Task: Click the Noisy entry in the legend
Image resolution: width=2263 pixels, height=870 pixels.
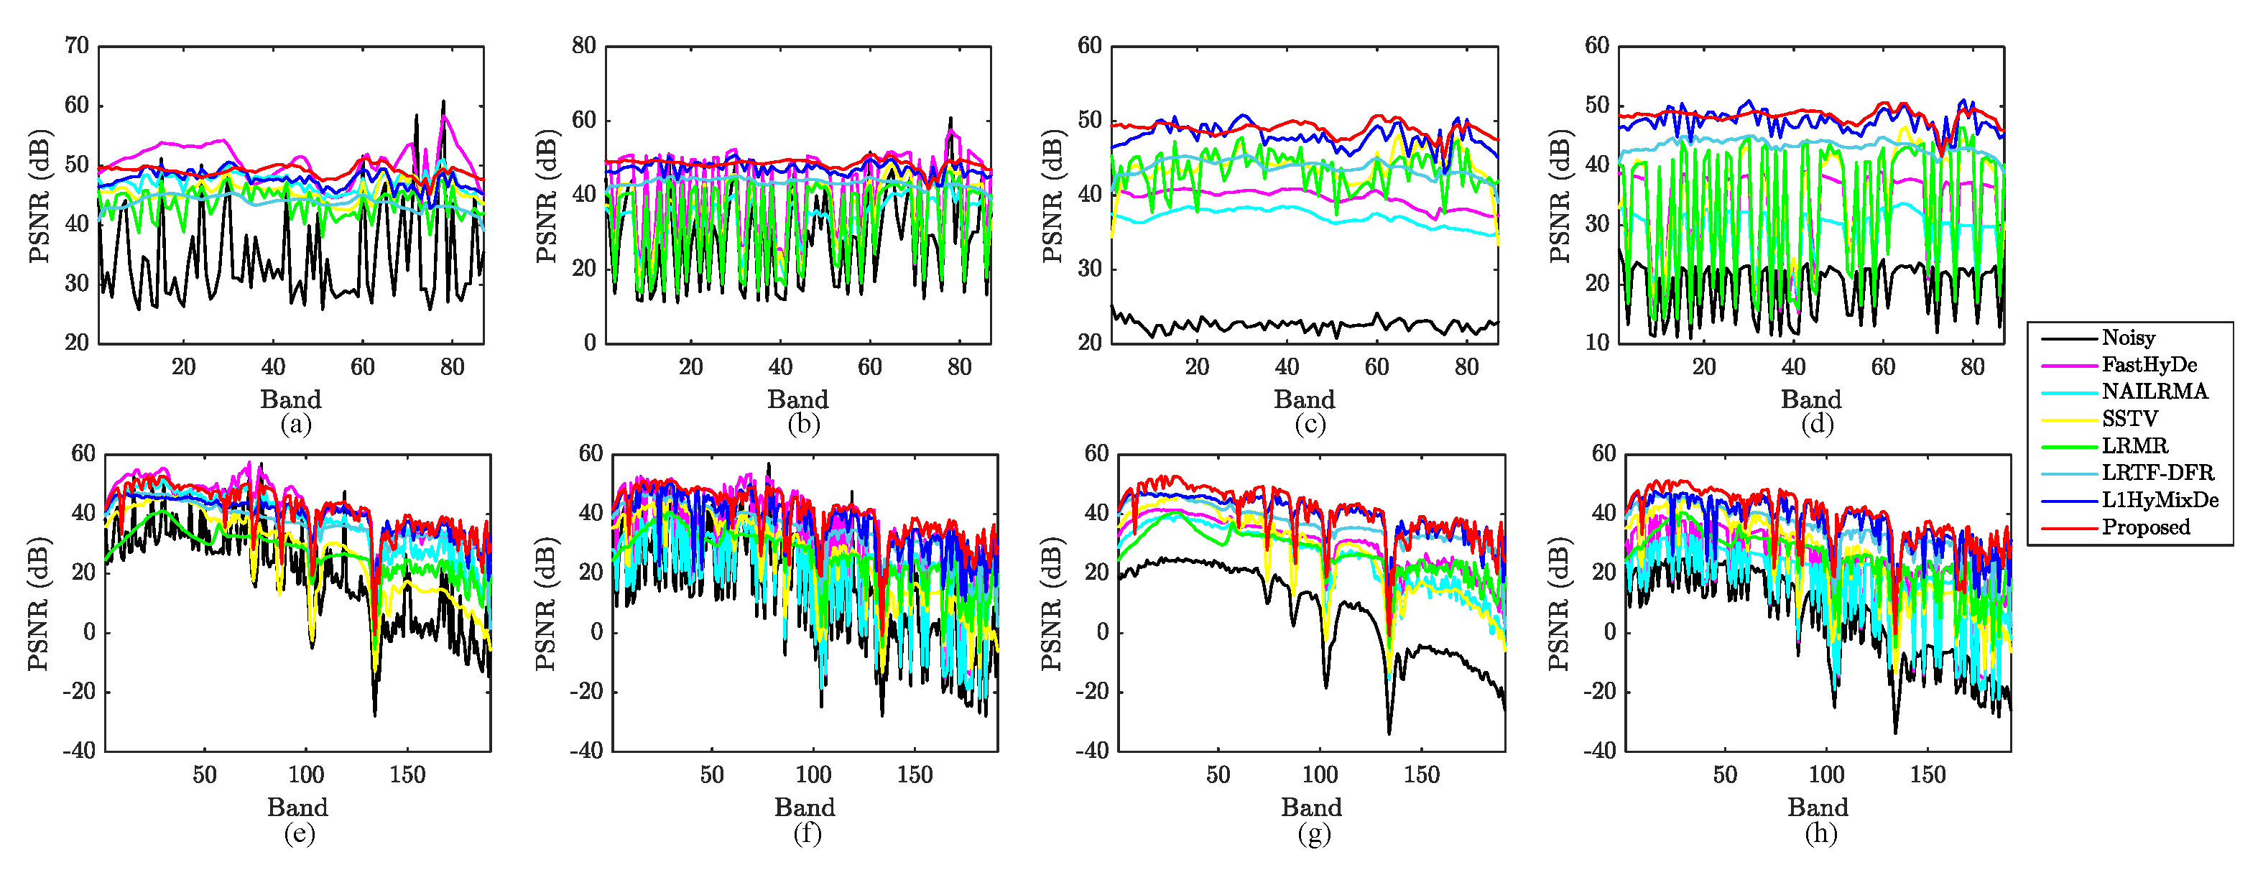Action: (x=2128, y=338)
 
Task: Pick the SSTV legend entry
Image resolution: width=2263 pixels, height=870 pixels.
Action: (x=2129, y=419)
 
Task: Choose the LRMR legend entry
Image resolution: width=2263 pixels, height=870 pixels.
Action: (x=2134, y=446)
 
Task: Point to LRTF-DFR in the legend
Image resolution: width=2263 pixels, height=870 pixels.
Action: (x=2157, y=473)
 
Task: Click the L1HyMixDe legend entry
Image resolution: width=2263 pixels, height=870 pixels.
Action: (x=2160, y=500)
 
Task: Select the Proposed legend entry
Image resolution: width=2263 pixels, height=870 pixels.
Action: (x=2145, y=527)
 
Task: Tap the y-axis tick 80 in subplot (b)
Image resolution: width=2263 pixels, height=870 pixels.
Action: (x=584, y=46)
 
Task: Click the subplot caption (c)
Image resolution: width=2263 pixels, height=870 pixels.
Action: (x=1310, y=425)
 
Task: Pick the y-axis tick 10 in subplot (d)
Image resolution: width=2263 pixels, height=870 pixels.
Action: (x=1597, y=343)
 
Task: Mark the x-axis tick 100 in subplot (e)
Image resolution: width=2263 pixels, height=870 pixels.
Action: (x=306, y=775)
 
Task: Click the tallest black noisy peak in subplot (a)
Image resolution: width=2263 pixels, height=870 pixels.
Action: (x=444, y=102)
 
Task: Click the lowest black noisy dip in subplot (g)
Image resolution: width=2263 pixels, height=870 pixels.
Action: (x=1389, y=732)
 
